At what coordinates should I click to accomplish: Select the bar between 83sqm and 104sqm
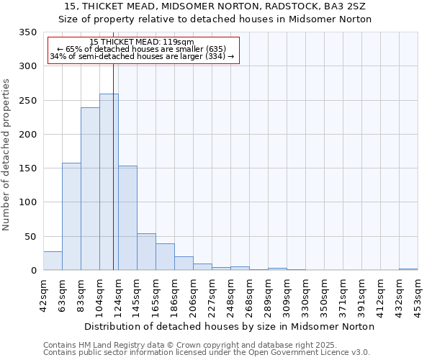click(90, 189)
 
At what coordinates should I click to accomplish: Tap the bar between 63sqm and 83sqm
click(71, 217)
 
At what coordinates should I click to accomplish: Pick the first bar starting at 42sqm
click(53, 261)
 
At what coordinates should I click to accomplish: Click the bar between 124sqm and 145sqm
click(127, 218)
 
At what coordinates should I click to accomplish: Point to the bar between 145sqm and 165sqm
click(146, 252)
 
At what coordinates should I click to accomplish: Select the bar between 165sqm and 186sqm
click(165, 257)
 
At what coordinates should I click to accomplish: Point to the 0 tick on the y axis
click(33, 271)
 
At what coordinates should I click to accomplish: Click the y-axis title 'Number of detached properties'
click(6, 155)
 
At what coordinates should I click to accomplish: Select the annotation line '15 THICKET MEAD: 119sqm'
click(142, 42)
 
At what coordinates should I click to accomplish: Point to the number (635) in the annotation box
click(214, 49)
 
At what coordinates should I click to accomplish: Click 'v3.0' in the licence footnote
click(360, 352)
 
